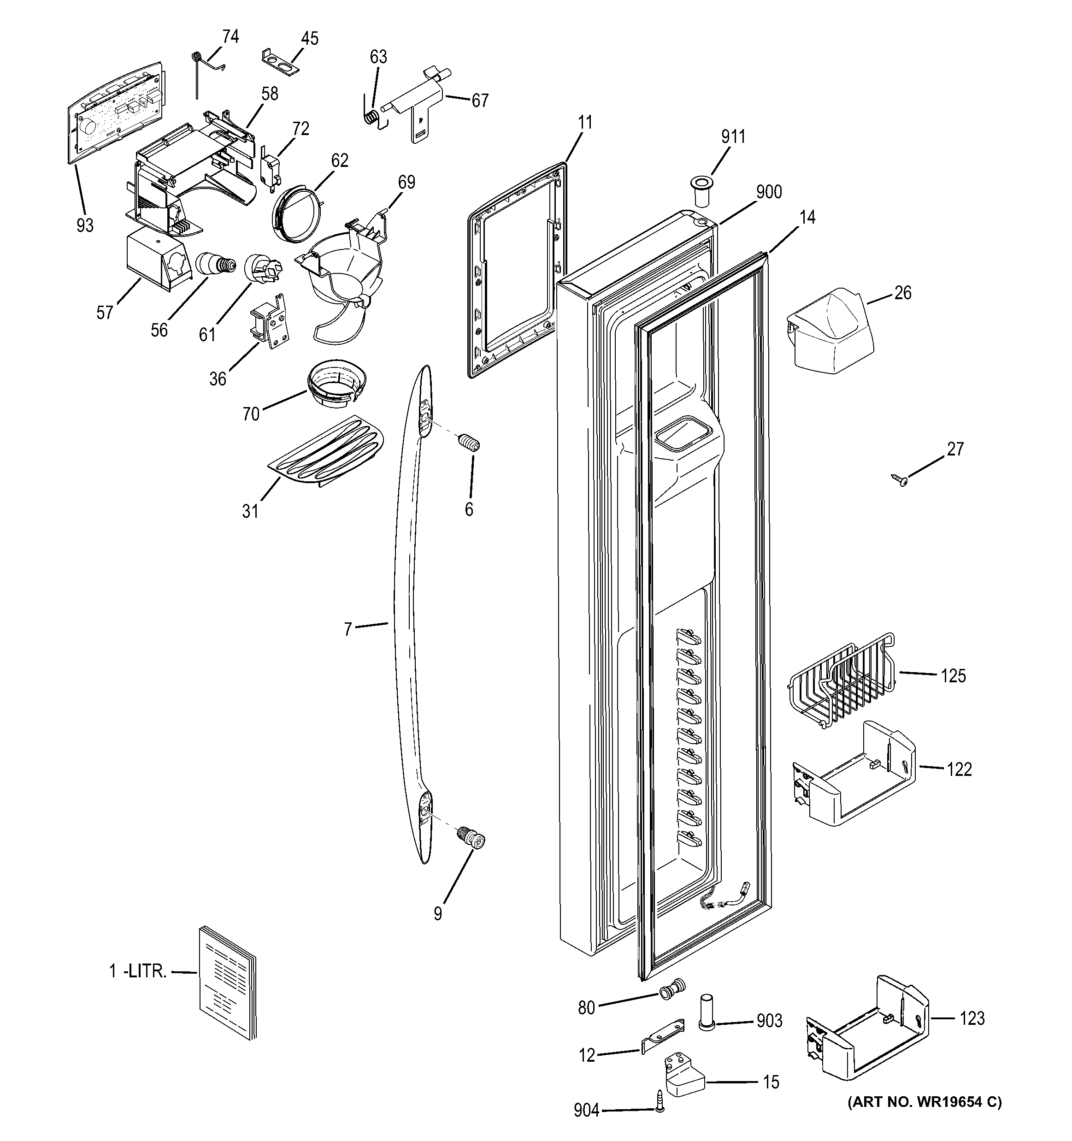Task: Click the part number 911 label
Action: [733, 136]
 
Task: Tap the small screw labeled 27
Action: [899, 479]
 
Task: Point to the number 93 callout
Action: [85, 225]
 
